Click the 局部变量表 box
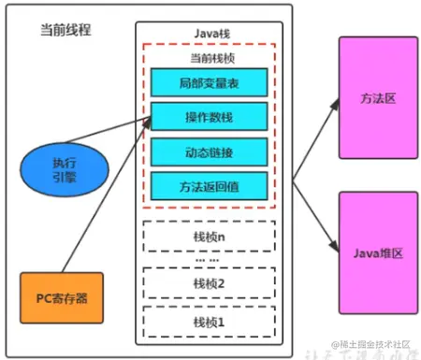[x=208, y=83]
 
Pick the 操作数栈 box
[x=208, y=117]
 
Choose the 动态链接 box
[x=208, y=151]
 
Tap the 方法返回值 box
[x=208, y=184]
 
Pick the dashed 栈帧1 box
[x=208, y=321]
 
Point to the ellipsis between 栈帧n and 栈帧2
[x=208, y=259]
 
